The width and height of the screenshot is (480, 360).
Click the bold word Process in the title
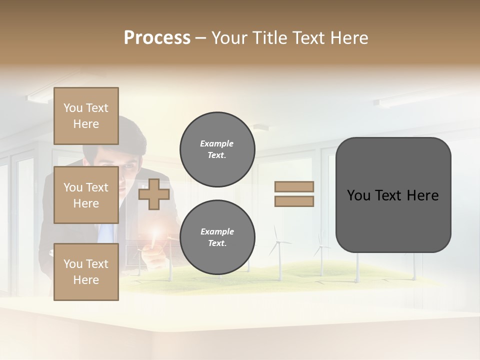tap(157, 38)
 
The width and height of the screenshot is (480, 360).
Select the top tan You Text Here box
tap(86, 116)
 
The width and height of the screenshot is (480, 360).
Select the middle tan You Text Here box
tap(86, 195)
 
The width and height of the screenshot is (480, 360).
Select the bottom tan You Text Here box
tap(86, 272)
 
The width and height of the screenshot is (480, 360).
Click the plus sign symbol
tap(153, 194)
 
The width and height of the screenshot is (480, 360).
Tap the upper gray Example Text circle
tap(217, 149)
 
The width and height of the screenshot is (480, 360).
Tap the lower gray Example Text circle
tap(217, 237)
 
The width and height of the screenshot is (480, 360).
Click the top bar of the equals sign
tap(294, 187)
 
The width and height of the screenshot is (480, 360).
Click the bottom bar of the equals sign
tap(294, 201)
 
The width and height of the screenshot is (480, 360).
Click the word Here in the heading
tap(349, 38)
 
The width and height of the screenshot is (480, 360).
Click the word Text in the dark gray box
tap(393, 195)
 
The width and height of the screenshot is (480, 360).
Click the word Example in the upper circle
tap(217, 143)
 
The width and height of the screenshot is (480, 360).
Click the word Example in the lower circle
tap(217, 231)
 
